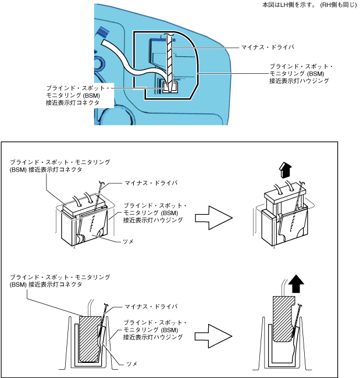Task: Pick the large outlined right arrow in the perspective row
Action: pos(213,219)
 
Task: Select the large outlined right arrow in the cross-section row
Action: pos(213,335)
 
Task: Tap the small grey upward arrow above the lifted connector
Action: pos(286,170)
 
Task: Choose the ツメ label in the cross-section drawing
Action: pos(131,363)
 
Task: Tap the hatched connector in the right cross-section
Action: pos(282,320)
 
